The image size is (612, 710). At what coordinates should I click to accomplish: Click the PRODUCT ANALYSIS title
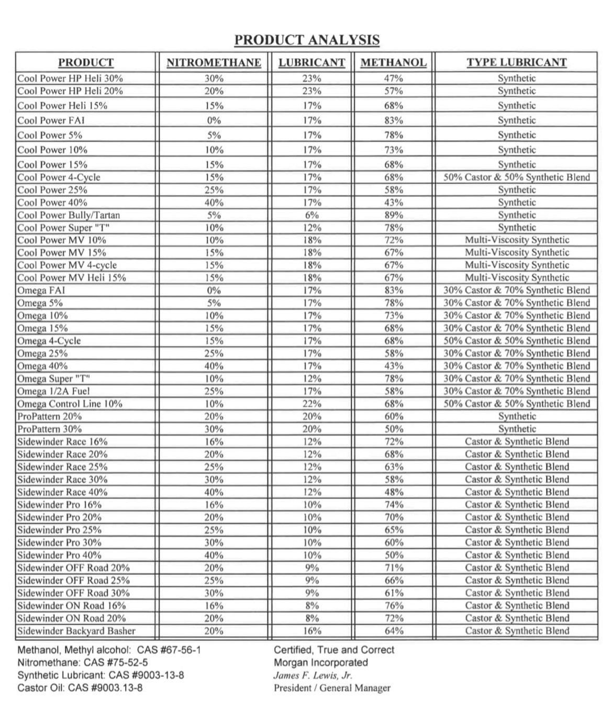point(307,40)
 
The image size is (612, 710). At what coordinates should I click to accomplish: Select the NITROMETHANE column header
point(214,63)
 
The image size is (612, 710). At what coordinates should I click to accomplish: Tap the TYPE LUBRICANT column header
point(517,62)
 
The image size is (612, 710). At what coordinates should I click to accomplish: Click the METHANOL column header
point(394,63)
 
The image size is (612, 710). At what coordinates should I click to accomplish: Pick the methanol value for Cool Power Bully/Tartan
point(394,215)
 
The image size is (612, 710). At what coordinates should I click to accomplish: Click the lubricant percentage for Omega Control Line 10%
point(312,404)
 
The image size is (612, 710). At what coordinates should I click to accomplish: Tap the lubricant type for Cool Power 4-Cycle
point(517,177)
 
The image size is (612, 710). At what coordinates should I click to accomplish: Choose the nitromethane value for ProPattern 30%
point(214,429)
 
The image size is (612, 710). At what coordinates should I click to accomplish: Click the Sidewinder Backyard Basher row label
point(76,631)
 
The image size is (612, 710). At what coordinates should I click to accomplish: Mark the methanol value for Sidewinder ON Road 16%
point(394,606)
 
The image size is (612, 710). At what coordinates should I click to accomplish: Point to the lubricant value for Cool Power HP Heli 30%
point(312,79)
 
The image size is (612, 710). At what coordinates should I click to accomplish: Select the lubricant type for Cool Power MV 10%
point(517,240)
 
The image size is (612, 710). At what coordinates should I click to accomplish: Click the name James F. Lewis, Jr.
point(313,675)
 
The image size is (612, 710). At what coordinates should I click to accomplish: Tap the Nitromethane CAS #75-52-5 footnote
point(83,663)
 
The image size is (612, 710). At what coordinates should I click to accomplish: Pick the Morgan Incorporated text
point(320,663)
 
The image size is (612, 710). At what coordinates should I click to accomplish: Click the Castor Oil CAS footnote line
point(80,688)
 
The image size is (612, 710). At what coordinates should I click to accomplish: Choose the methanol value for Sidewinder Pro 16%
point(394,505)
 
